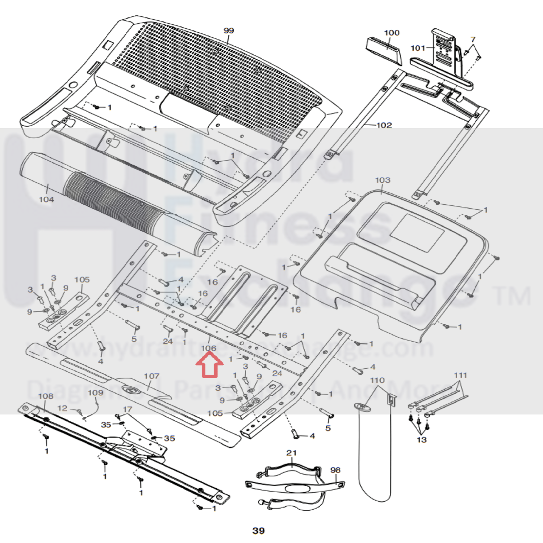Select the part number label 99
(229, 30)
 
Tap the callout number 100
(392, 33)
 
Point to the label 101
(418, 48)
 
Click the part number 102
(384, 125)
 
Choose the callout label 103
(383, 180)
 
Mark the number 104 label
(46, 199)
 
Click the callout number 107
(151, 376)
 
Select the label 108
(46, 396)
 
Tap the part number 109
(96, 393)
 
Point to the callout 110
(377, 380)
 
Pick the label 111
(460, 375)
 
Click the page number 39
(258, 531)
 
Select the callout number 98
(335, 470)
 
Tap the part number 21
(292, 453)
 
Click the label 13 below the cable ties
(422, 440)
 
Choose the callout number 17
(128, 409)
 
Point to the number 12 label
(62, 408)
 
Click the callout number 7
(473, 39)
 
